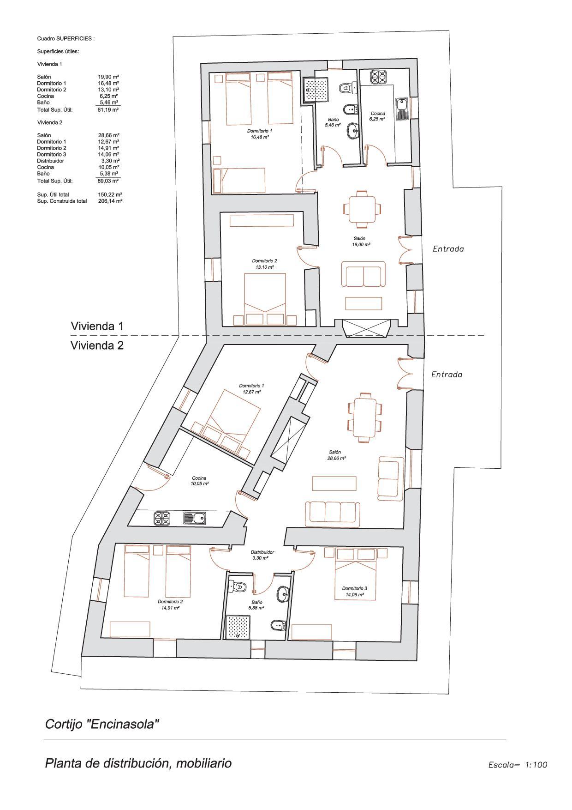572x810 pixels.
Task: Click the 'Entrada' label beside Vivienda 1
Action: pyautogui.click(x=448, y=249)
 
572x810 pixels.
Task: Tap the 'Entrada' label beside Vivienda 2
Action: pyautogui.click(x=446, y=375)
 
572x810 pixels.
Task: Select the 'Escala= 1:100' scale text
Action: pyautogui.click(x=518, y=765)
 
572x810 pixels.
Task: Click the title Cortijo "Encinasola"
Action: pyautogui.click(x=102, y=724)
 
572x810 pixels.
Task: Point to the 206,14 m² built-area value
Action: pyautogui.click(x=110, y=201)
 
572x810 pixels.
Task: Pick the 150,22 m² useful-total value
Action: pyautogui.click(x=110, y=195)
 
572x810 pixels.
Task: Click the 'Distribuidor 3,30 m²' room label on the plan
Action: pyautogui.click(x=262, y=555)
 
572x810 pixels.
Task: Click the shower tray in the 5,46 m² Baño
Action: pyautogui.click(x=316, y=89)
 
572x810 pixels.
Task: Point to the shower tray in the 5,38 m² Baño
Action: pyautogui.click(x=237, y=627)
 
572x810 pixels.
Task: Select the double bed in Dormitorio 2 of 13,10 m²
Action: pyautogui.click(x=265, y=295)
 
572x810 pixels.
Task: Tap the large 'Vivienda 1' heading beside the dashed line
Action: pyautogui.click(x=97, y=326)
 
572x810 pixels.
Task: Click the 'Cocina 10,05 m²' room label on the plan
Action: pyautogui.click(x=199, y=481)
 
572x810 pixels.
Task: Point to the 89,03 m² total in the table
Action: pyautogui.click(x=108, y=181)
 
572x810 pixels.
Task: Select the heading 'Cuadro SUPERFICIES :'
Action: pyautogui.click(x=66, y=39)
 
